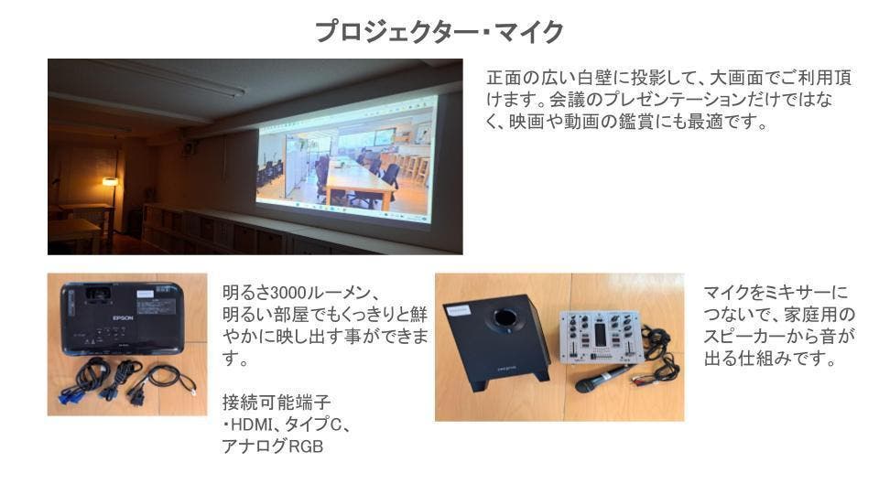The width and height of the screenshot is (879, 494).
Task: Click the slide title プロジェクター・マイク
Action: [x=439, y=33]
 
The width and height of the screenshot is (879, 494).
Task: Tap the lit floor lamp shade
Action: [x=110, y=181]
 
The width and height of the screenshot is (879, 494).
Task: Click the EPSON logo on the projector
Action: [x=124, y=317]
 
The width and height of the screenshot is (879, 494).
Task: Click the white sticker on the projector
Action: [x=146, y=295]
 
